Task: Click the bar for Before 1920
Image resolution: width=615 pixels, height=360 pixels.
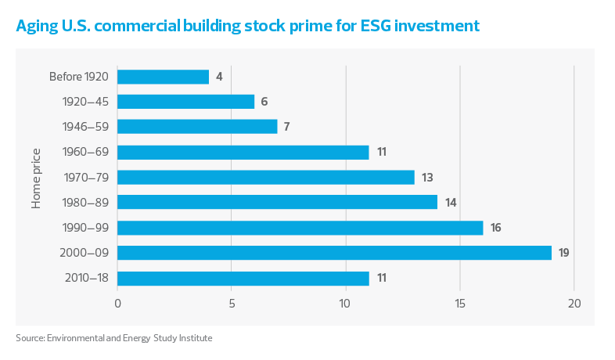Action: (164, 77)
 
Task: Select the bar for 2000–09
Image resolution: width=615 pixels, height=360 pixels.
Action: (335, 253)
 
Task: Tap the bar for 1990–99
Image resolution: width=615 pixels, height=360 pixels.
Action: (300, 228)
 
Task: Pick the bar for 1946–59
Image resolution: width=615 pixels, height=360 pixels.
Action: (197, 127)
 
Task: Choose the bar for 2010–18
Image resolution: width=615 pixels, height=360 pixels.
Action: (243, 278)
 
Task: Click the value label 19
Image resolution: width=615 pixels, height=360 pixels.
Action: (563, 253)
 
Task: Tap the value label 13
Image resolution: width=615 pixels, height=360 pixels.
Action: (427, 177)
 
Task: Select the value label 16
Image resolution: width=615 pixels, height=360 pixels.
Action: (495, 228)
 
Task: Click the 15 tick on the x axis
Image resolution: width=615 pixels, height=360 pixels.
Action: (460, 304)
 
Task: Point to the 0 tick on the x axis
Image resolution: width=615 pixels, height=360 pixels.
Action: (117, 304)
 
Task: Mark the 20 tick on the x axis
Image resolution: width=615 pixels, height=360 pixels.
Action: (574, 304)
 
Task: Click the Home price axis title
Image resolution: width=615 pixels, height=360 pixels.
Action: (36, 178)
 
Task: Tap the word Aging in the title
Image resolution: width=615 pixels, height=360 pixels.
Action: (36, 27)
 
